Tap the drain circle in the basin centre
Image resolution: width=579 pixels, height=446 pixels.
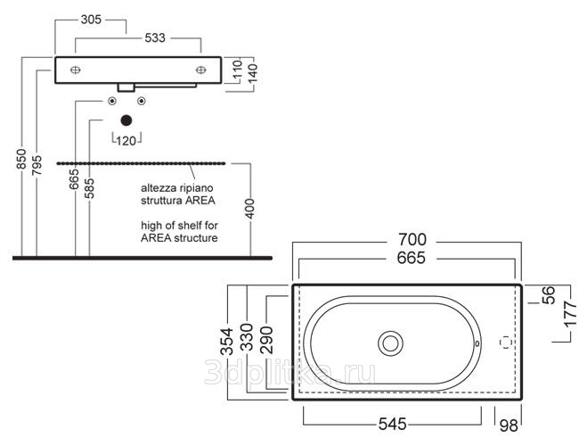pos(390,342)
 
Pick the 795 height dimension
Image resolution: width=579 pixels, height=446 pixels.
pos(36,165)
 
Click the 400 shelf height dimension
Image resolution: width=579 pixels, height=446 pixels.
pos(250,208)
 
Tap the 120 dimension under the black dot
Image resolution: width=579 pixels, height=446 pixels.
pos(126,140)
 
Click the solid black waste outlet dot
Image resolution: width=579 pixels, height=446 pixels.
pos(126,120)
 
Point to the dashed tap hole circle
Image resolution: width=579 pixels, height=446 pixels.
pos(507,342)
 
